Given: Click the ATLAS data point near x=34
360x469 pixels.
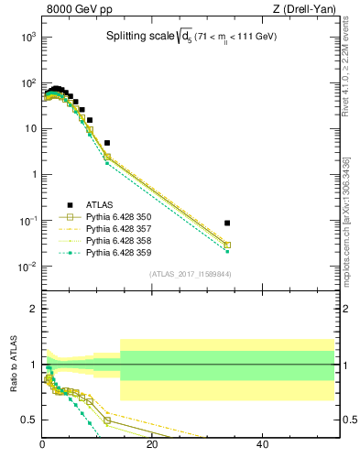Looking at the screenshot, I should [x=227, y=223].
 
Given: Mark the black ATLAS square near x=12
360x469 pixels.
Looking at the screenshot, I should [x=107, y=143].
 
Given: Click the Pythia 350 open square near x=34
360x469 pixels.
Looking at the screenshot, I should [x=227, y=245].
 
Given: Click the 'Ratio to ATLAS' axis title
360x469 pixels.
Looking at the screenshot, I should [x=13, y=365].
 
